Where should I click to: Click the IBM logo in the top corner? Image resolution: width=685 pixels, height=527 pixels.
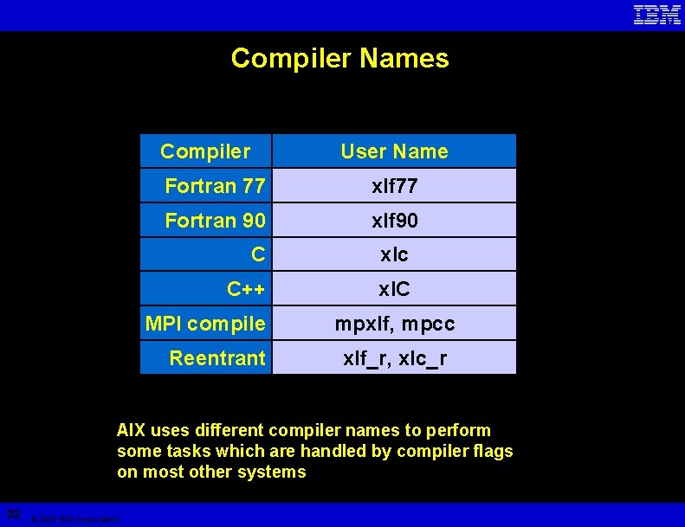(x=656, y=15)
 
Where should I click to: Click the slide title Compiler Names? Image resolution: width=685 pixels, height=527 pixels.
(x=339, y=58)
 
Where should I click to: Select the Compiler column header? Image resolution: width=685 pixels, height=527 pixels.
(x=205, y=151)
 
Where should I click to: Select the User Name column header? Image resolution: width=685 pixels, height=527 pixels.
(x=394, y=151)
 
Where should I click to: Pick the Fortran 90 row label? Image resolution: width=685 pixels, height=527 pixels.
(x=215, y=221)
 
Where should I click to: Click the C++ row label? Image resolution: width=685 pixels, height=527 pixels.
(x=246, y=289)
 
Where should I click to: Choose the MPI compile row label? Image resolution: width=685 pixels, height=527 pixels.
(x=205, y=324)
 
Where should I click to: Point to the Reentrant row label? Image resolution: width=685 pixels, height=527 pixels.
(x=217, y=357)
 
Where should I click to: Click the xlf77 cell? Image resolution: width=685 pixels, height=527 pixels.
(x=394, y=186)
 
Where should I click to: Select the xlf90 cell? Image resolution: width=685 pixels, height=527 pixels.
(x=394, y=221)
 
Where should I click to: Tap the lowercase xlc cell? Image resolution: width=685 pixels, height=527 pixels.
(x=394, y=254)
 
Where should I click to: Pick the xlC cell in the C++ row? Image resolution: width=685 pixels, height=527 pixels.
(x=394, y=289)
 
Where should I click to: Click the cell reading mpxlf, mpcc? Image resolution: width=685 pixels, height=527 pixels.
(x=394, y=324)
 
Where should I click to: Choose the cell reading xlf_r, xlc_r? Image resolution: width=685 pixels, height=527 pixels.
(x=394, y=357)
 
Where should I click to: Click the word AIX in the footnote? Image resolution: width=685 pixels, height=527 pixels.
(x=132, y=430)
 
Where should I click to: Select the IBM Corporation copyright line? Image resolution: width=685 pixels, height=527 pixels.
(x=75, y=519)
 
